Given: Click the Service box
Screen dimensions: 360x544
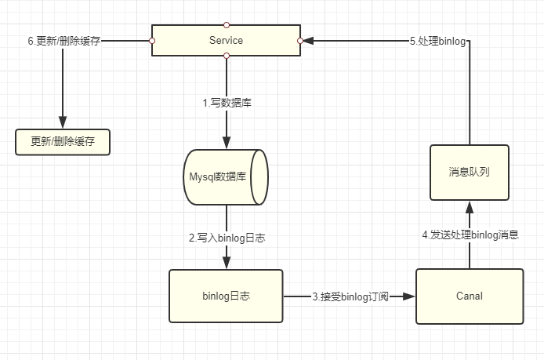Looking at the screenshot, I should [x=226, y=40].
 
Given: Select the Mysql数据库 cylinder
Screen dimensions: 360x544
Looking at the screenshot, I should [x=227, y=177].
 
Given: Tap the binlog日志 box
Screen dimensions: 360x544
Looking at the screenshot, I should [x=226, y=296].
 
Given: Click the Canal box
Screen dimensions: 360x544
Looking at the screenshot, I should [x=469, y=296].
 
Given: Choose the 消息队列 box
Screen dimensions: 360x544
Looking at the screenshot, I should [x=469, y=171].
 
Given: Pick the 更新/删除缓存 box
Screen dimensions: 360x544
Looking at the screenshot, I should [x=63, y=142].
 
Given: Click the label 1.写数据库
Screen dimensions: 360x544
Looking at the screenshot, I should [x=227, y=102].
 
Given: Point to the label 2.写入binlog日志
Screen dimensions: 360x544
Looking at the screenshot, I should [x=227, y=237].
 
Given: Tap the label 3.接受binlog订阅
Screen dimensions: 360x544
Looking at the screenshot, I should [x=349, y=296].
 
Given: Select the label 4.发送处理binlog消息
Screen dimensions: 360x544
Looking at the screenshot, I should [x=470, y=234].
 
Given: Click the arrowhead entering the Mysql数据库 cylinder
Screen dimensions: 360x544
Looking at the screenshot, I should [x=227, y=144].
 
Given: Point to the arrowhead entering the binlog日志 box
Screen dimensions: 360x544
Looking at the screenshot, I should [x=227, y=264].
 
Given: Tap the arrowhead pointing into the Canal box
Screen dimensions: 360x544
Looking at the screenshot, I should [x=409, y=296].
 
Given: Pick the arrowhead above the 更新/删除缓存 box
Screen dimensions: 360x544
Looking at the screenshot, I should [x=63, y=125].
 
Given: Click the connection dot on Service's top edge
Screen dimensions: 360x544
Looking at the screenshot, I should [x=227, y=24].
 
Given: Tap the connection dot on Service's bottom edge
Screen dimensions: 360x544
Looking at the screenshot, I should [x=227, y=56].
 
